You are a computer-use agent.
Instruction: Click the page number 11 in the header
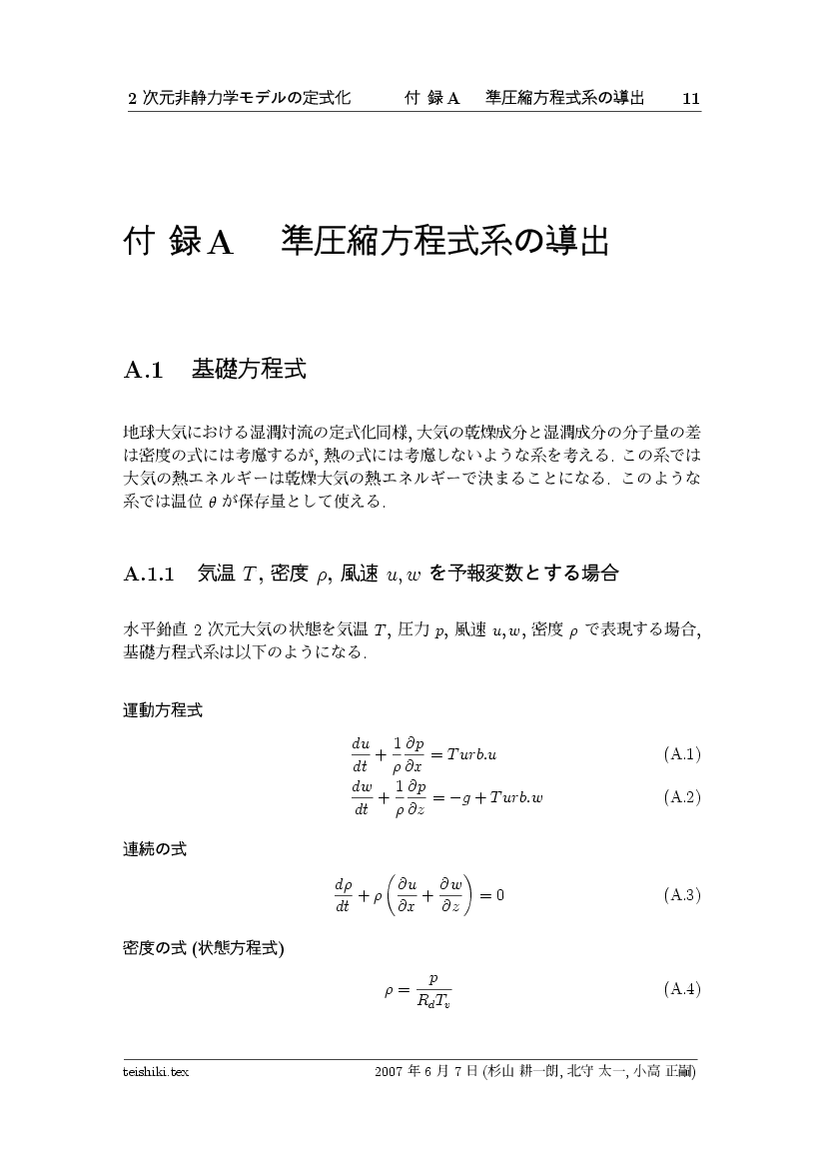[690, 98]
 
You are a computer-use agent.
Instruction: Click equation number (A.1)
[681, 753]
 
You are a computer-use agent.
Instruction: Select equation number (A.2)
[681, 797]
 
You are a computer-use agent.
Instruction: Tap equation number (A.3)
[681, 894]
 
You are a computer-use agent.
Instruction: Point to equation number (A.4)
[681, 989]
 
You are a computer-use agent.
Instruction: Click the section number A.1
[143, 371]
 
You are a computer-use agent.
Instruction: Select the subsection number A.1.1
[150, 574]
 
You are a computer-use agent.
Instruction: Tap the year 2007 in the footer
[389, 1072]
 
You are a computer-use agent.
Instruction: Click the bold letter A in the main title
[220, 243]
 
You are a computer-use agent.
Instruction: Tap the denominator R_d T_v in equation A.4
[433, 1001]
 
